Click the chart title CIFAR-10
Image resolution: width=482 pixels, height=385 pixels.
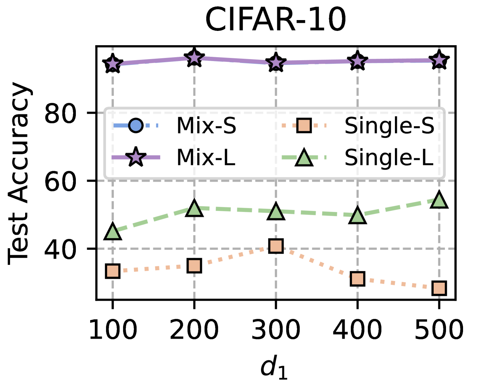pyautogui.click(x=275, y=19)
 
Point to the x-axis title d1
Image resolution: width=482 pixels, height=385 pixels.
pyautogui.click(x=274, y=367)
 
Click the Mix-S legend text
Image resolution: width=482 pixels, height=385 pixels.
pyautogui.click(x=206, y=126)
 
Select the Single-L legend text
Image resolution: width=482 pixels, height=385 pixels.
pyautogui.click(x=389, y=158)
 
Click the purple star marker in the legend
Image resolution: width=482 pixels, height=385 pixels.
pyautogui.click(x=136, y=158)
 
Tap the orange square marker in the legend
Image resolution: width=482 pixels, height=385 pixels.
pyautogui.click(x=304, y=126)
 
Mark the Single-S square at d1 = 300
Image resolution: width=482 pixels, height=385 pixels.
pyautogui.click(x=276, y=246)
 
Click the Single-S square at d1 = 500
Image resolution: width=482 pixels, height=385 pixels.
pyautogui.click(x=439, y=288)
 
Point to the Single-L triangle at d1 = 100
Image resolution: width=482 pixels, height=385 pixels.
pyautogui.click(x=113, y=232)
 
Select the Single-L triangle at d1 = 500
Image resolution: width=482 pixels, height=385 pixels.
pyautogui.click(x=439, y=200)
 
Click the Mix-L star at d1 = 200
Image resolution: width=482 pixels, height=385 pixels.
pyautogui.click(x=194, y=58)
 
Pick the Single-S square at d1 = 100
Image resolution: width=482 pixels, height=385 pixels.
pyautogui.click(x=113, y=271)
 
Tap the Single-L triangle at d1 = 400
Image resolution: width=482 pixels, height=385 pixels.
pyautogui.click(x=357, y=216)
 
